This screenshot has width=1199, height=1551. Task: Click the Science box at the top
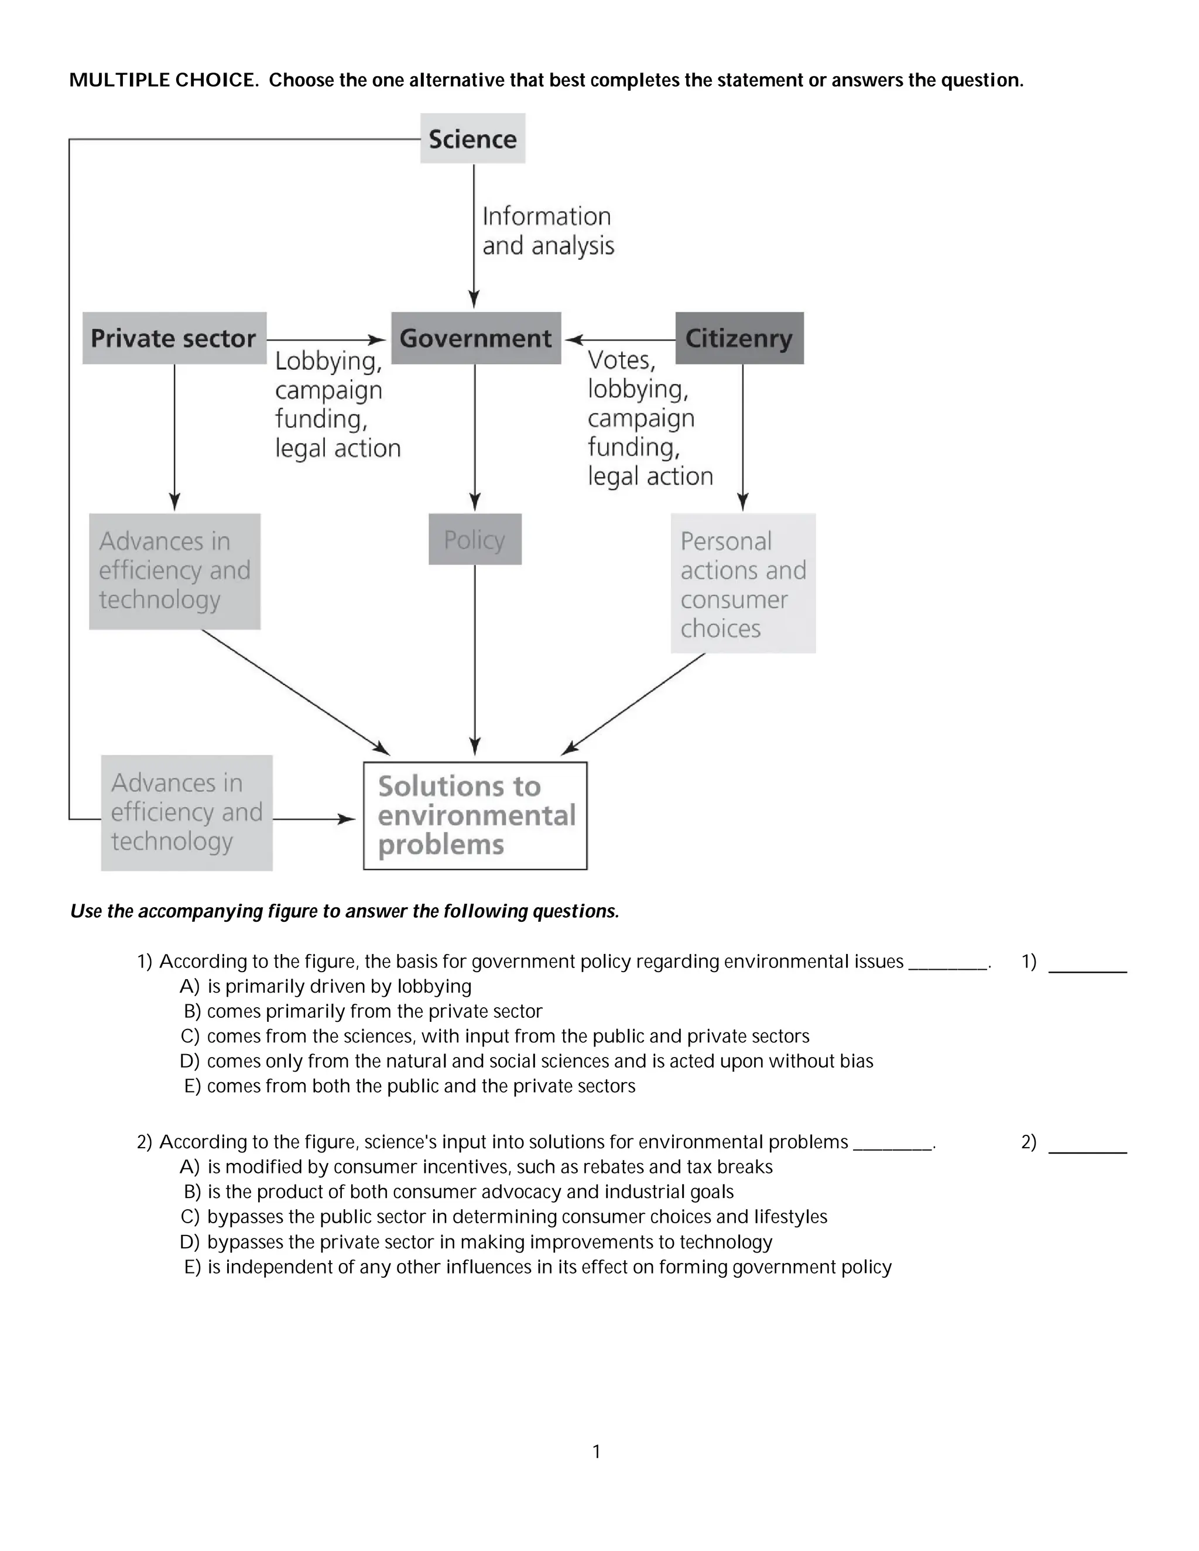pyautogui.click(x=472, y=139)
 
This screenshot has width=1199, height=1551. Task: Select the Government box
pyautogui.click(x=475, y=338)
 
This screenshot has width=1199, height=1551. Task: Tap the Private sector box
pyautogui.click(x=174, y=338)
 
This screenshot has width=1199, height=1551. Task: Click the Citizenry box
pyautogui.click(x=739, y=338)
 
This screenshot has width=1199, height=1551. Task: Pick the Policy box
pyautogui.click(x=474, y=540)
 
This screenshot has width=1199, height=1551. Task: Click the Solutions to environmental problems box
pyautogui.click(x=475, y=815)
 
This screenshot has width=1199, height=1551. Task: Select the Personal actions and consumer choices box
pyautogui.click(x=743, y=584)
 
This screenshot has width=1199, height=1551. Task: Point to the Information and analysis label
pyautogui.click(x=547, y=231)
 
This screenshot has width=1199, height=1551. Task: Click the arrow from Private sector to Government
pyautogui.click(x=327, y=340)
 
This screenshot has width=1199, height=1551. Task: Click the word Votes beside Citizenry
pyautogui.click(x=621, y=361)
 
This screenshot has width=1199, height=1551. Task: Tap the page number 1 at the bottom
pyautogui.click(x=597, y=1452)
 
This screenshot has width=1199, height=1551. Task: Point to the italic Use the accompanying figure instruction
pyautogui.click(x=344, y=911)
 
